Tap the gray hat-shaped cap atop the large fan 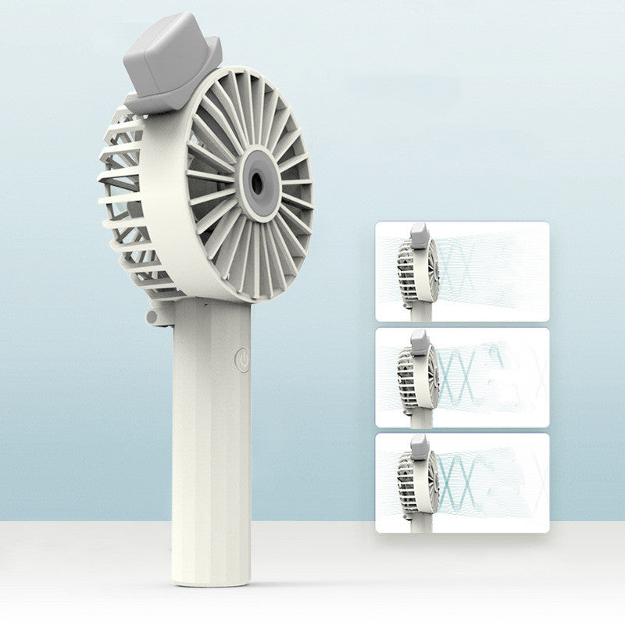(x=171, y=59)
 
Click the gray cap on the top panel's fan (x=419, y=235)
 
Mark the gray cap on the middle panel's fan (x=419, y=341)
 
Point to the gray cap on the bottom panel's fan (x=419, y=447)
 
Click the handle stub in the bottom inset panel (x=421, y=524)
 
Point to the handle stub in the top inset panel (x=421, y=313)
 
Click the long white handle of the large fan (x=211, y=437)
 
